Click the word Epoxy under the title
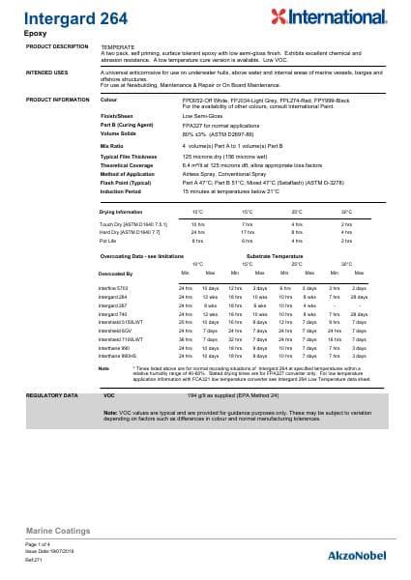coord(34,33)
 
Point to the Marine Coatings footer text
coord(58,532)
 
